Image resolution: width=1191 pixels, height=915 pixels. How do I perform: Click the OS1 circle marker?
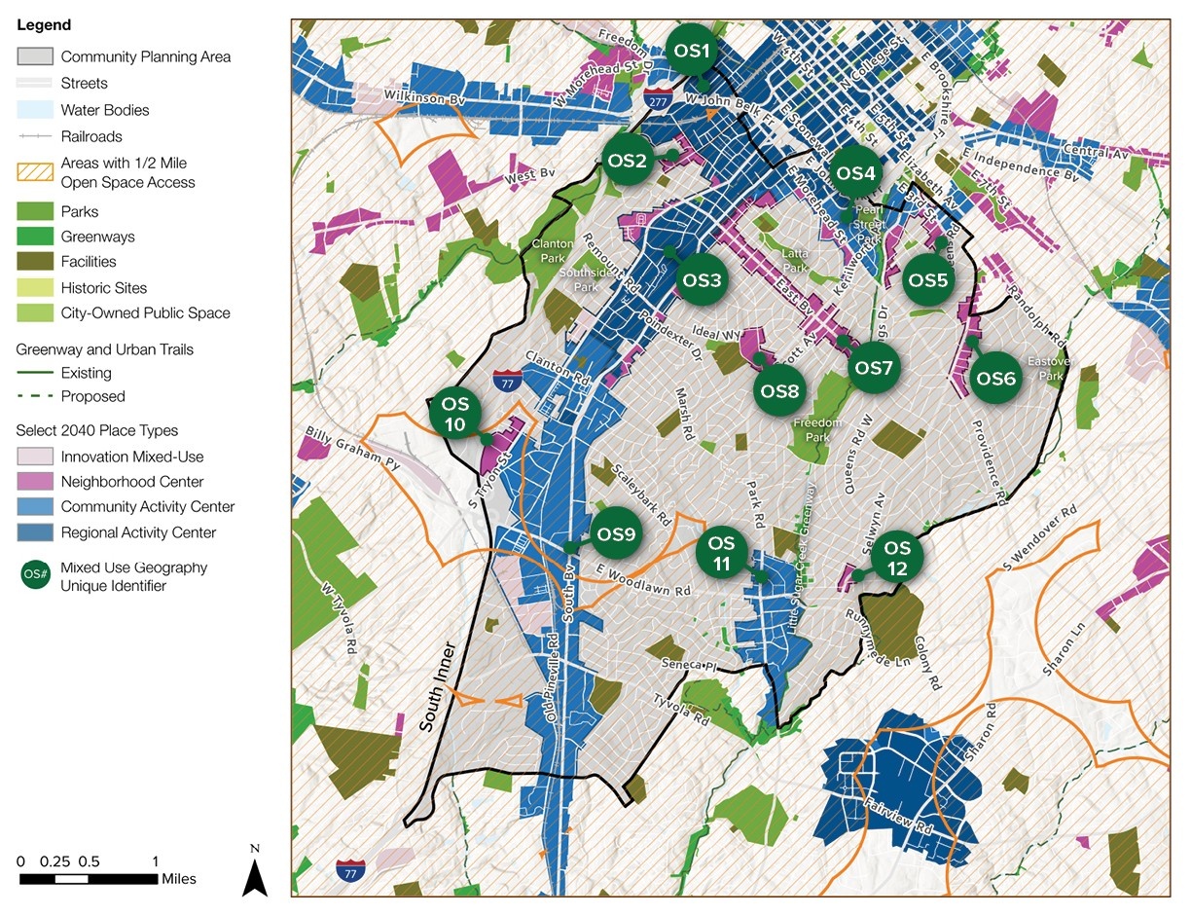pos(692,51)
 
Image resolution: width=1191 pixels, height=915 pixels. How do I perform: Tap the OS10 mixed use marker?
pos(455,414)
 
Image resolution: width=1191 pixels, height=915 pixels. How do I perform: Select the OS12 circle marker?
pos(897,558)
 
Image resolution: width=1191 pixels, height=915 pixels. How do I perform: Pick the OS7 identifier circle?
pos(873,368)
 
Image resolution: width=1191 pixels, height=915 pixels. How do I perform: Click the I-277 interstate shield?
pos(655,99)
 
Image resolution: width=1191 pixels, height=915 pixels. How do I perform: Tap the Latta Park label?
pos(795,260)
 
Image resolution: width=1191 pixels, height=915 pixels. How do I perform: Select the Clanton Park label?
pos(553,251)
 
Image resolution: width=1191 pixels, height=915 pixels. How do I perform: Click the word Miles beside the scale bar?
pos(179,879)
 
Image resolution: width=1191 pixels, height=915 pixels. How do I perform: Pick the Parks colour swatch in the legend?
pos(34,211)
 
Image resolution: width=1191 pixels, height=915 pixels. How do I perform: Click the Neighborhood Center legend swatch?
pos(34,482)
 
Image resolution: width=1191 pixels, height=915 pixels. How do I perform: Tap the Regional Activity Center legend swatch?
pos(34,532)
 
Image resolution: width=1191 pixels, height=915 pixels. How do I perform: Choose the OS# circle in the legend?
pos(35,576)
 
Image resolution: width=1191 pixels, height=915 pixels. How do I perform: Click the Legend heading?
pos(44,25)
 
